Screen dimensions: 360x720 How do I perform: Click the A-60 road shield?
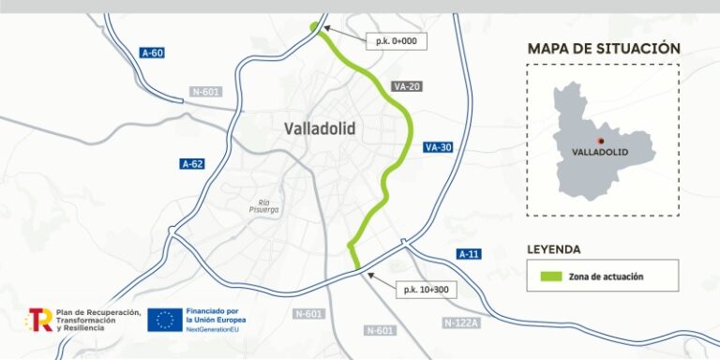[x=152, y=52]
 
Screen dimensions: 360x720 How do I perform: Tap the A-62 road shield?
[x=191, y=164]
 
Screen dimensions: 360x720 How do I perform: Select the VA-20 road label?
[x=407, y=87]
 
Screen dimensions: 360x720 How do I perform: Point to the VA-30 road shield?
[x=438, y=147]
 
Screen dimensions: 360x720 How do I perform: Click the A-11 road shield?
[x=469, y=254]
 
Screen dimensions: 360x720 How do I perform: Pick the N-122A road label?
[x=460, y=322]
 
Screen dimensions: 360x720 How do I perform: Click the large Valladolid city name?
[x=319, y=129]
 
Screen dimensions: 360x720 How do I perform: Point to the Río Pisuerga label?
[x=264, y=205]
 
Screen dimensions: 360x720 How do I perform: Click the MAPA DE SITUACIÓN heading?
[x=603, y=49]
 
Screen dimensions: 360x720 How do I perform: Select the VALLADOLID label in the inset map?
[x=598, y=151]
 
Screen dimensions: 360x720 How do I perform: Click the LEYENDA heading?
[x=554, y=249]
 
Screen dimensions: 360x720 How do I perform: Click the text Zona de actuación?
[x=610, y=277]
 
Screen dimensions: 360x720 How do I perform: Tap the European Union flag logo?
[x=164, y=320]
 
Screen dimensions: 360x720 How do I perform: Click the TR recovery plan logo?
[x=38, y=320]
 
